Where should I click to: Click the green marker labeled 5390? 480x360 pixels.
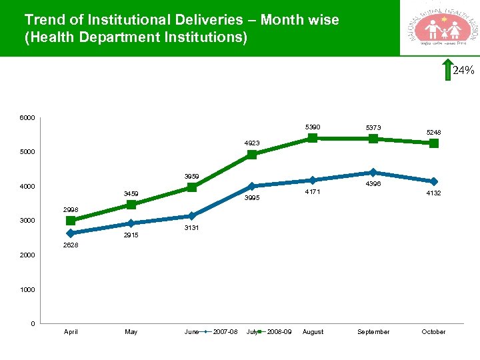[312, 138]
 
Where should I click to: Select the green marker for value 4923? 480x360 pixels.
[252, 155]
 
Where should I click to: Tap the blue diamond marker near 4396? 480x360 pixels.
[373, 173]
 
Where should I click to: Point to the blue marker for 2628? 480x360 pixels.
[71, 233]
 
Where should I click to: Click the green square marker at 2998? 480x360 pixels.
[71, 221]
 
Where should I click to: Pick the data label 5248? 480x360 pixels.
[434, 132]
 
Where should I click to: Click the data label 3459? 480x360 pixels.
[131, 194]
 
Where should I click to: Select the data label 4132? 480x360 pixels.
[434, 193]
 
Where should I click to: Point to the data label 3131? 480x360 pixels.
[191, 228]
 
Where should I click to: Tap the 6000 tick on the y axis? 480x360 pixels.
[27, 118]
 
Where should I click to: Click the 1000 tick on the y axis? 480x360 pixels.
[27, 290]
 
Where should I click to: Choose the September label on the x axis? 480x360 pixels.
[373, 332]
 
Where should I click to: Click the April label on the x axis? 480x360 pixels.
[71, 332]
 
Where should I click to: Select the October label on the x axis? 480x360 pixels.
[433, 332]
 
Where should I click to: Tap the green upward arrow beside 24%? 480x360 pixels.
[446, 70]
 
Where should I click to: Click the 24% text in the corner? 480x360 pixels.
[463, 70]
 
